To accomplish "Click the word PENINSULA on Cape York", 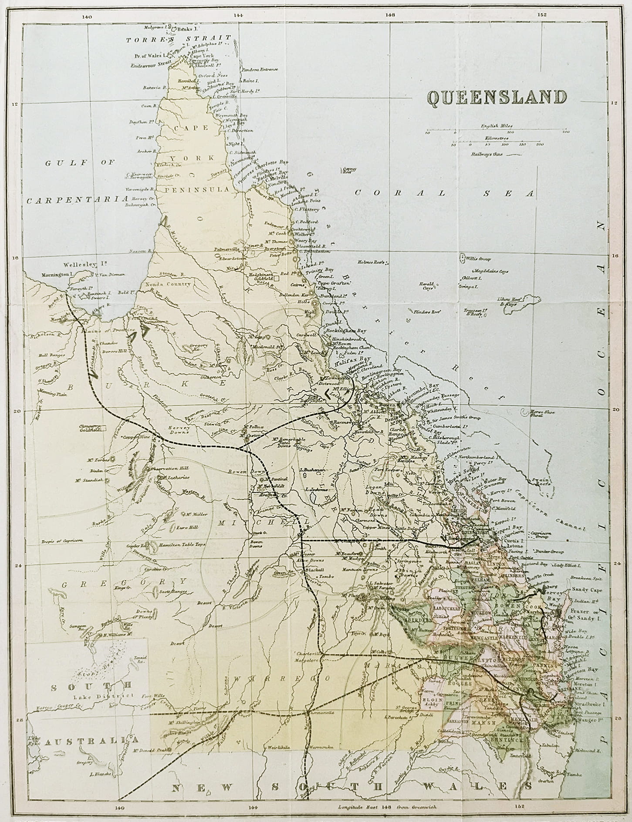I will click(196, 190).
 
